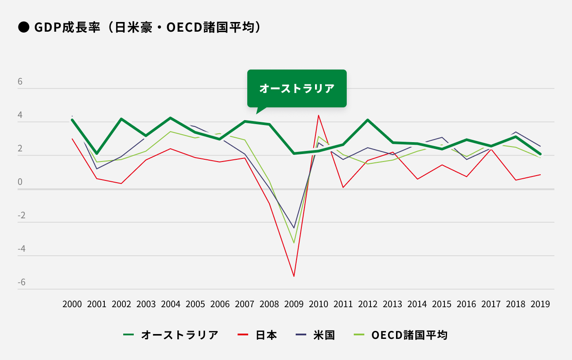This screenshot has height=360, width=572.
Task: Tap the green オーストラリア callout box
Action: [297, 88]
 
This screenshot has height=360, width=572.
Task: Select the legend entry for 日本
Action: [266, 335]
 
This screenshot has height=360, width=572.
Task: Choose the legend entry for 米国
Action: [324, 335]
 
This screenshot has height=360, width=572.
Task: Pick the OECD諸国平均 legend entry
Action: [409, 335]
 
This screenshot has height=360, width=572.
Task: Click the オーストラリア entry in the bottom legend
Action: [180, 335]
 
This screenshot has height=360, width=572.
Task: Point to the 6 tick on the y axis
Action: [20, 82]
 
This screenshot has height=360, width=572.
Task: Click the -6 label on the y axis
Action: [22, 282]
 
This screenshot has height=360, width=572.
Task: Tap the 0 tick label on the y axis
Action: [20, 182]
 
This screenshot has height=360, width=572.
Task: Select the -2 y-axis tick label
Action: [22, 216]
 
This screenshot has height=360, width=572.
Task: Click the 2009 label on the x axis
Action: [294, 304]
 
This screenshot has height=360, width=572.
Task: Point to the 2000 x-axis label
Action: [72, 304]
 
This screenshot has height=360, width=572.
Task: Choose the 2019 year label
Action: [540, 304]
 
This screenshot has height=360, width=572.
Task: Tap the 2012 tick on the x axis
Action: [368, 304]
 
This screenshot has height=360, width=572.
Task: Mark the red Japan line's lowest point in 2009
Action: [294, 276]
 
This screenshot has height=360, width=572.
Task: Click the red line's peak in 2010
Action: [319, 115]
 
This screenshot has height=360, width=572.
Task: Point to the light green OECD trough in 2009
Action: [294, 243]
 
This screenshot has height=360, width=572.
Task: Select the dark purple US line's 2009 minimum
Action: [294, 228]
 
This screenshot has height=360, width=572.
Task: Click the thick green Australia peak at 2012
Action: [368, 120]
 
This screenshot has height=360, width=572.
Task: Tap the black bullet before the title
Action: [23, 27]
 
